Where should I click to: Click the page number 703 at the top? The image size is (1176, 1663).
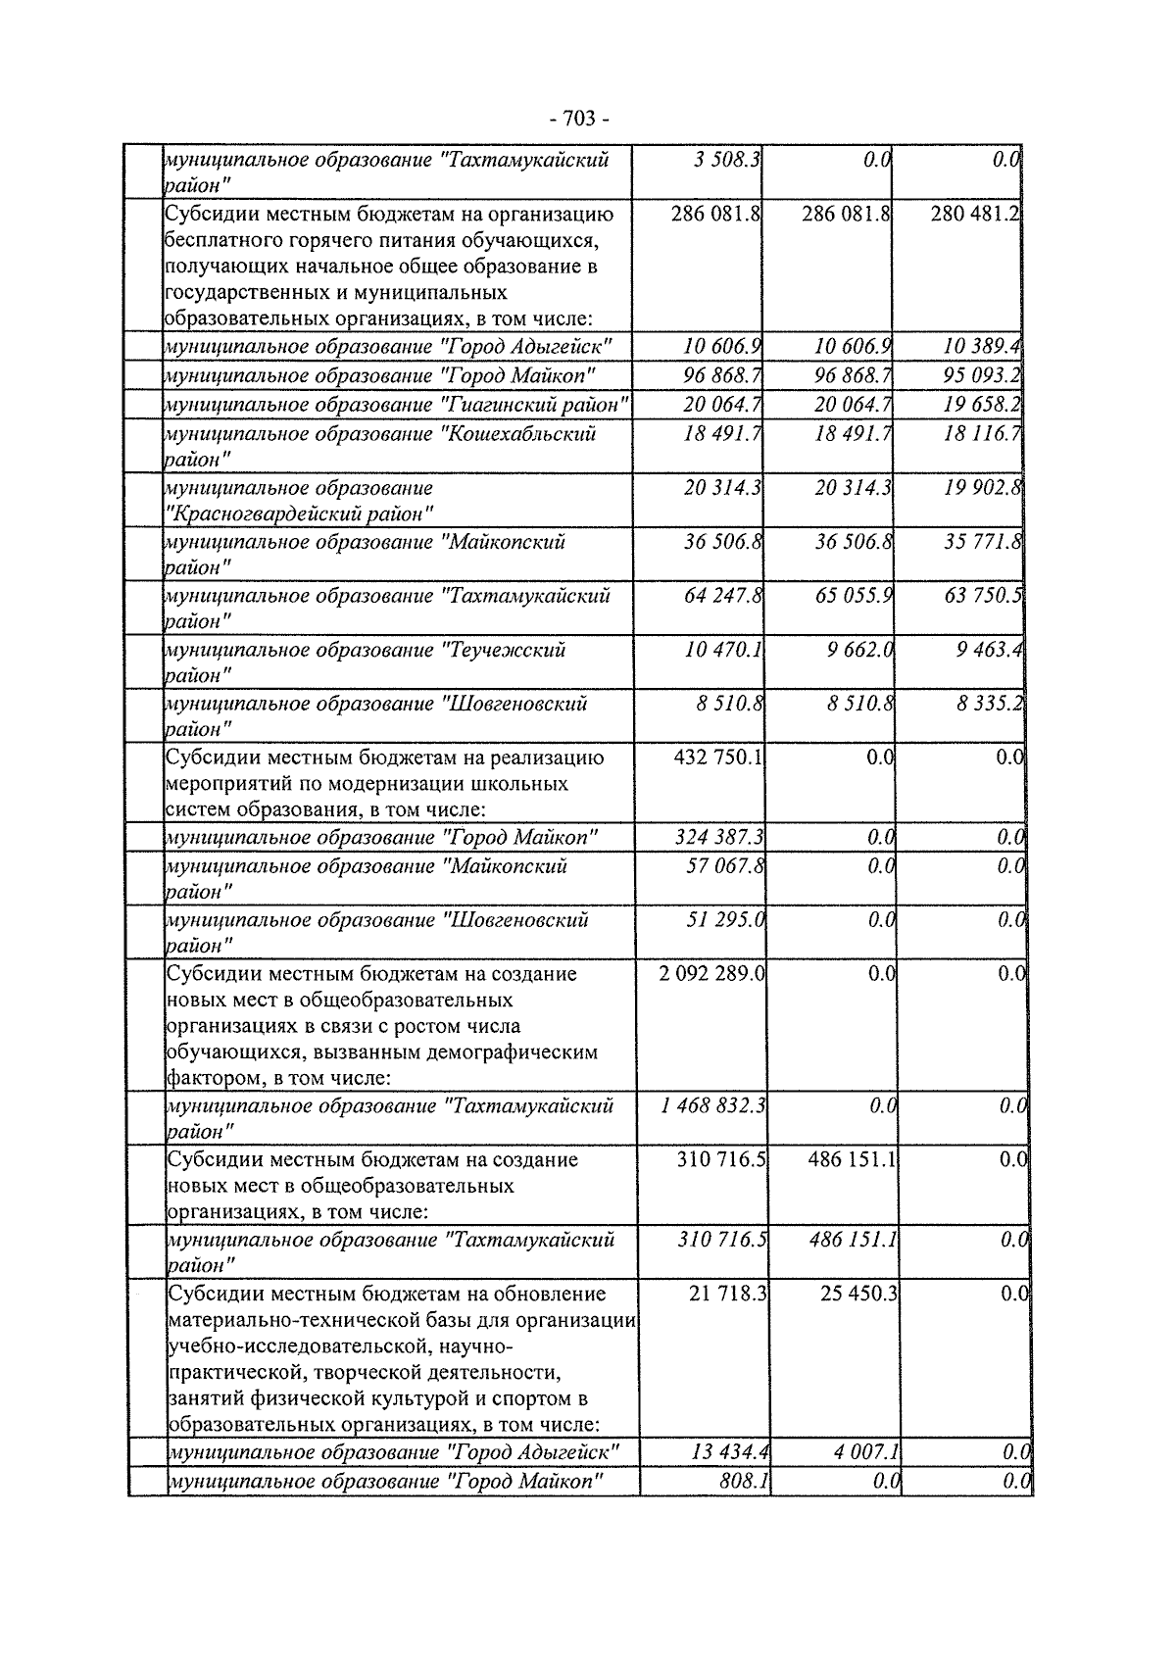(579, 119)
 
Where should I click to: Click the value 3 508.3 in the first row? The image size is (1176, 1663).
(726, 159)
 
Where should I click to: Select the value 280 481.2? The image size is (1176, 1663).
(975, 213)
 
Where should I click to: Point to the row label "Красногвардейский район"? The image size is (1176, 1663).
(299, 513)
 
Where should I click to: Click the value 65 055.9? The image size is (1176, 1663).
(853, 596)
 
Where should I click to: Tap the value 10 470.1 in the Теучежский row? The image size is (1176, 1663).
(723, 650)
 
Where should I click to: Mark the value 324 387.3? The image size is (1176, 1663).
(719, 837)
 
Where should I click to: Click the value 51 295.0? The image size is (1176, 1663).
(725, 920)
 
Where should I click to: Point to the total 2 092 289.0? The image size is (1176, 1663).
(712, 974)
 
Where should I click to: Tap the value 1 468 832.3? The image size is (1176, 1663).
(713, 1106)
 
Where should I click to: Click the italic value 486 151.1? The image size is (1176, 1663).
(852, 1240)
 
